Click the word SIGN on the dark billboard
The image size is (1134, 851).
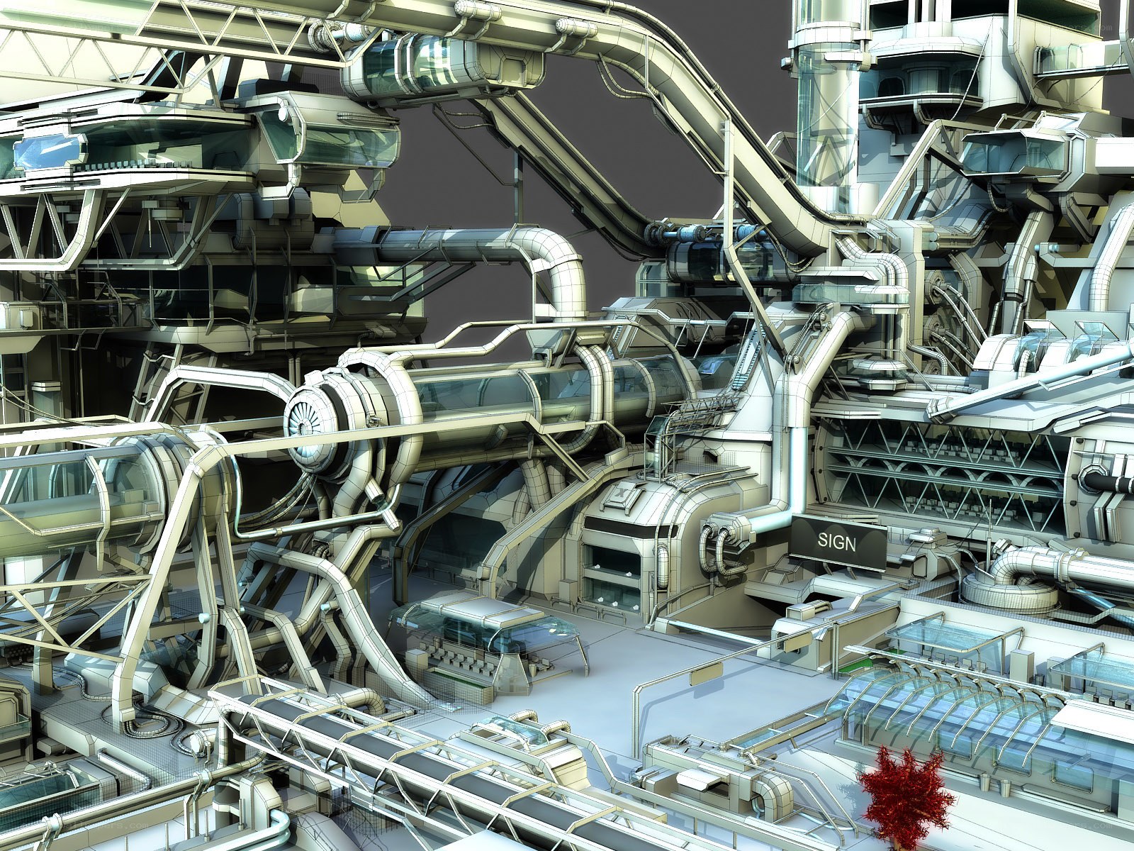point(836,543)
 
